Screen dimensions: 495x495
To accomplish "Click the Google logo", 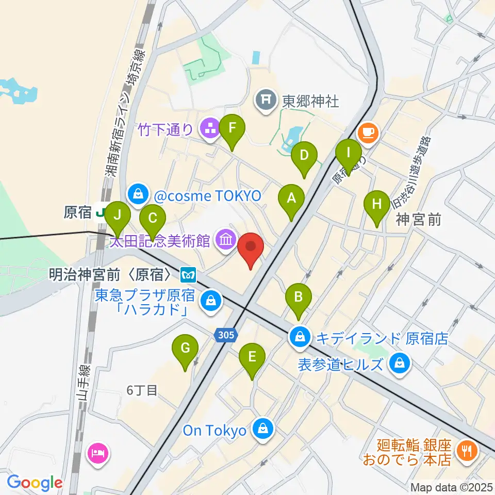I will (x=35, y=483).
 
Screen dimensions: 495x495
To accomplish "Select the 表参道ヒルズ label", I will (x=341, y=365).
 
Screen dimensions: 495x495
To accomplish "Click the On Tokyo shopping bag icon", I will (x=263, y=427).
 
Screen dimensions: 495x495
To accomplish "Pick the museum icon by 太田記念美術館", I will (x=226, y=239).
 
